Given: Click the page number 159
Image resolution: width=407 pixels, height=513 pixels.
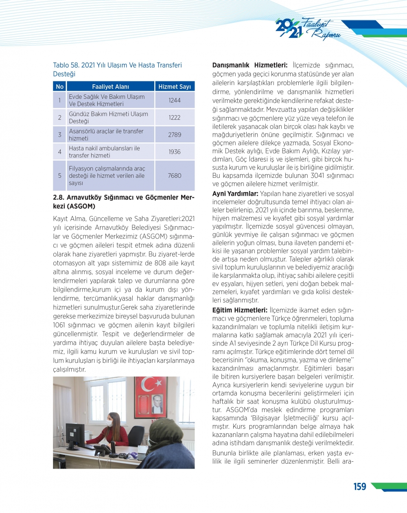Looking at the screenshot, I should (x=359, y=487).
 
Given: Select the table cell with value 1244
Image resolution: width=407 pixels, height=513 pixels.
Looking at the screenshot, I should (x=175, y=100).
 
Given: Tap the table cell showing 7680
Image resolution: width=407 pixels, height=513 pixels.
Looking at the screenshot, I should (x=175, y=176).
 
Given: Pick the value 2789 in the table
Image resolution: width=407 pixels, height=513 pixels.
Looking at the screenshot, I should (x=175, y=135).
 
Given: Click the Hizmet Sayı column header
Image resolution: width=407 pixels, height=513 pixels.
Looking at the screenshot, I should (x=175, y=87).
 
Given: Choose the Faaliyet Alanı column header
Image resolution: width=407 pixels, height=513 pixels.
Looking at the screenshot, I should (x=110, y=87).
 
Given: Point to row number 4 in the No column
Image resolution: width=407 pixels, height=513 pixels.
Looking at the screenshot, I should (x=59, y=152).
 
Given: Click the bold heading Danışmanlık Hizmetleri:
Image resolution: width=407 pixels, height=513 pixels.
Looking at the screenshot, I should (x=249, y=65).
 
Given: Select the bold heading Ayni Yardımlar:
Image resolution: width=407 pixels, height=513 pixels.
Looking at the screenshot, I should (x=235, y=194).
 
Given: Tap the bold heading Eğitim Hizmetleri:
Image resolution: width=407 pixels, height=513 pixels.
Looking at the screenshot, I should (x=240, y=310).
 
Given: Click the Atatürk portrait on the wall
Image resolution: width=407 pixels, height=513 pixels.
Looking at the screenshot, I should (x=157, y=404).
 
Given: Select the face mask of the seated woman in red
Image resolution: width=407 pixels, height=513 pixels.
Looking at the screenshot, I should (x=109, y=423).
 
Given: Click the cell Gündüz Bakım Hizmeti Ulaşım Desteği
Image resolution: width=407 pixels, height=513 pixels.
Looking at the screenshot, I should (x=108, y=118).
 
